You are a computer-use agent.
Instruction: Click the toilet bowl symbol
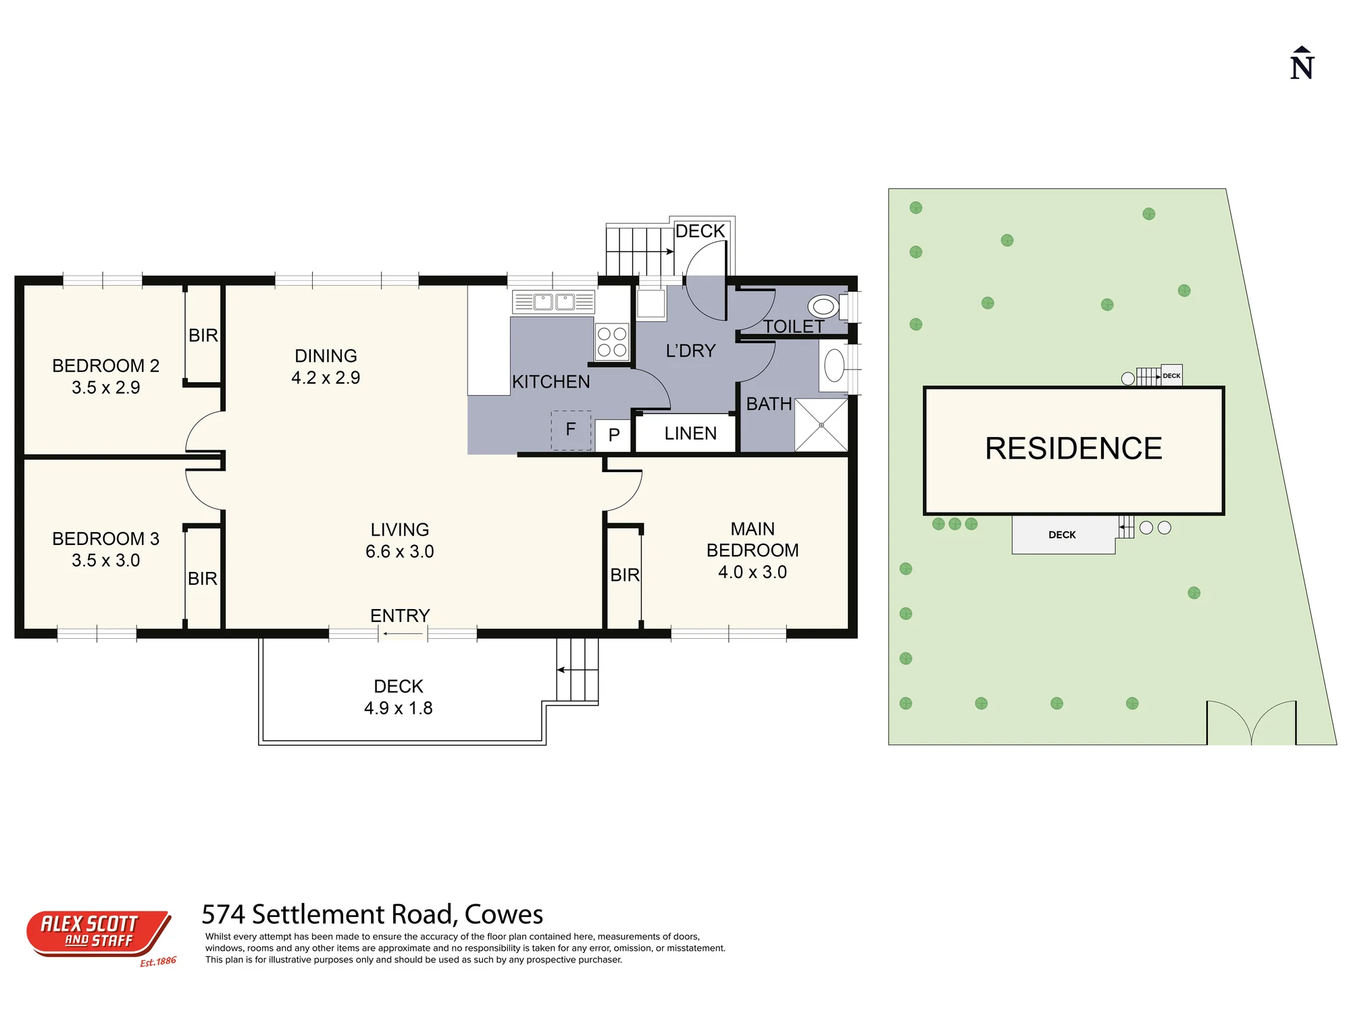click(823, 307)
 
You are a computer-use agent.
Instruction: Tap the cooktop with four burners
click(612, 342)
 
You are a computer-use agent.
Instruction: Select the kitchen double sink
click(553, 301)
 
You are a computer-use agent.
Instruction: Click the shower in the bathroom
click(821, 425)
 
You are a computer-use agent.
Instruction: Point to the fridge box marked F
click(571, 430)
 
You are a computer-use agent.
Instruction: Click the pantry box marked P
click(613, 435)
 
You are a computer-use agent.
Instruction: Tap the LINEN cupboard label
click(690, 434)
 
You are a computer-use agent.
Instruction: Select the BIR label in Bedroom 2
click(203, 336)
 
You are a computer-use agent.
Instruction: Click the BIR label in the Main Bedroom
click(625, 575)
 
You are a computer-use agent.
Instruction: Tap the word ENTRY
click(400, 616)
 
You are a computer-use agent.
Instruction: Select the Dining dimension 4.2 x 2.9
click(326, 378)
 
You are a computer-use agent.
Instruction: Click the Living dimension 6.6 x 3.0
click(400, 552)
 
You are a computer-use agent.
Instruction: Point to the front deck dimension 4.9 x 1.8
click(399, 708)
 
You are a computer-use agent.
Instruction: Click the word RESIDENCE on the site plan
click(1073, 449)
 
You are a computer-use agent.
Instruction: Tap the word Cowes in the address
click(504, 915)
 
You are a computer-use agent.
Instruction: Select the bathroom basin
click(834, 365)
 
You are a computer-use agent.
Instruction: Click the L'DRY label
click(690, 351)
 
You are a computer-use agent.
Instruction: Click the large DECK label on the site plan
click(1062, 535)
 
